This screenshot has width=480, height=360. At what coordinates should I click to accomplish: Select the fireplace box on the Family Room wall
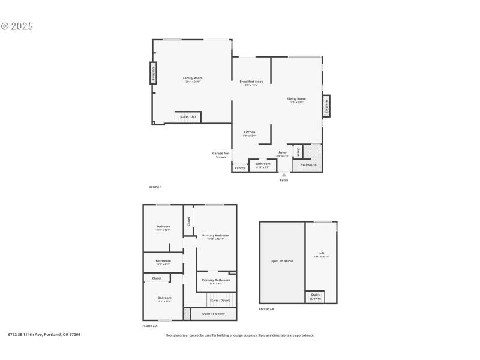(153, 73)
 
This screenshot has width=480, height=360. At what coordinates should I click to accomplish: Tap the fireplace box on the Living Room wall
(326, 106)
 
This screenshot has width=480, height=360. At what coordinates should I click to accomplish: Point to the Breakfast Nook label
(251, 82)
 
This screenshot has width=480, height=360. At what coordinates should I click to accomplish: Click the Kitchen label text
(249, 133)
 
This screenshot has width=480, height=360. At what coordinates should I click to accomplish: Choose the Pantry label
(239, 168)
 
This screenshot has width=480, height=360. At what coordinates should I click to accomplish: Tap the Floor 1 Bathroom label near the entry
(263, 164)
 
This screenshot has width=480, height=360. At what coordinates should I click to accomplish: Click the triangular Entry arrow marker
(284, 175)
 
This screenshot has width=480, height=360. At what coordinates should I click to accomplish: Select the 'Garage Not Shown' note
(221, 155)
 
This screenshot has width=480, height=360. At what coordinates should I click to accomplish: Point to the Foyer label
(282, 154)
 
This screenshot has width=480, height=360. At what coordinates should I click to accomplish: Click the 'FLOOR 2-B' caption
(266, 309)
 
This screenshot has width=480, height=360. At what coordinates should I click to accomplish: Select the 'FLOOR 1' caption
(155, 187)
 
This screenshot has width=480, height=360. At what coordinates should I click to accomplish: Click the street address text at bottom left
(44, 334)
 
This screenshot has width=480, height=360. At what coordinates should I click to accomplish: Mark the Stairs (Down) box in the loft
(315, 296)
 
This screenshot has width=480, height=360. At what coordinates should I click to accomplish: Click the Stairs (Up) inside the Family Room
(188, 117)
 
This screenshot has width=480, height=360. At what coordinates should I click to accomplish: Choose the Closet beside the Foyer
(298, 151)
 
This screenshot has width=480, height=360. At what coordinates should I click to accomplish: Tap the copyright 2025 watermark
(17, 26)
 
